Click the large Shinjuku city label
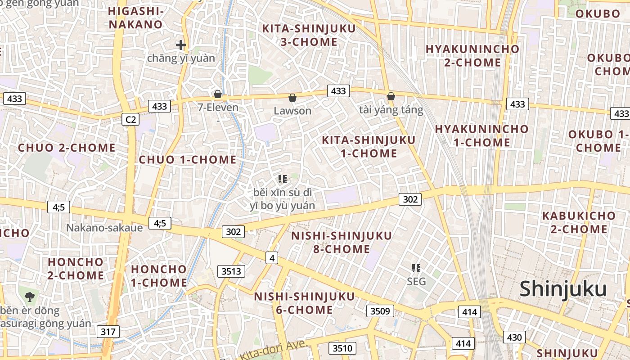563,289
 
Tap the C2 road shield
130,119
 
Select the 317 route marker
108,332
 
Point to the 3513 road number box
232,271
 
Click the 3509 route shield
380,311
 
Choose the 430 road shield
514,337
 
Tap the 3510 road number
342,348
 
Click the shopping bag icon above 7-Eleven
218,94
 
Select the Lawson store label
292,111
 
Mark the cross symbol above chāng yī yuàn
181,45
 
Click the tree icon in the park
30,297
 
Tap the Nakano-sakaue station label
104,228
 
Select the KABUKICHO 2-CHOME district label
579,222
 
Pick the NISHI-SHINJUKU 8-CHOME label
342,242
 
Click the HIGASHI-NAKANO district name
135,18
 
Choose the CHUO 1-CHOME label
188,160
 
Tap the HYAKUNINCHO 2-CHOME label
472,55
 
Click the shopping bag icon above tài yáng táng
391,97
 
